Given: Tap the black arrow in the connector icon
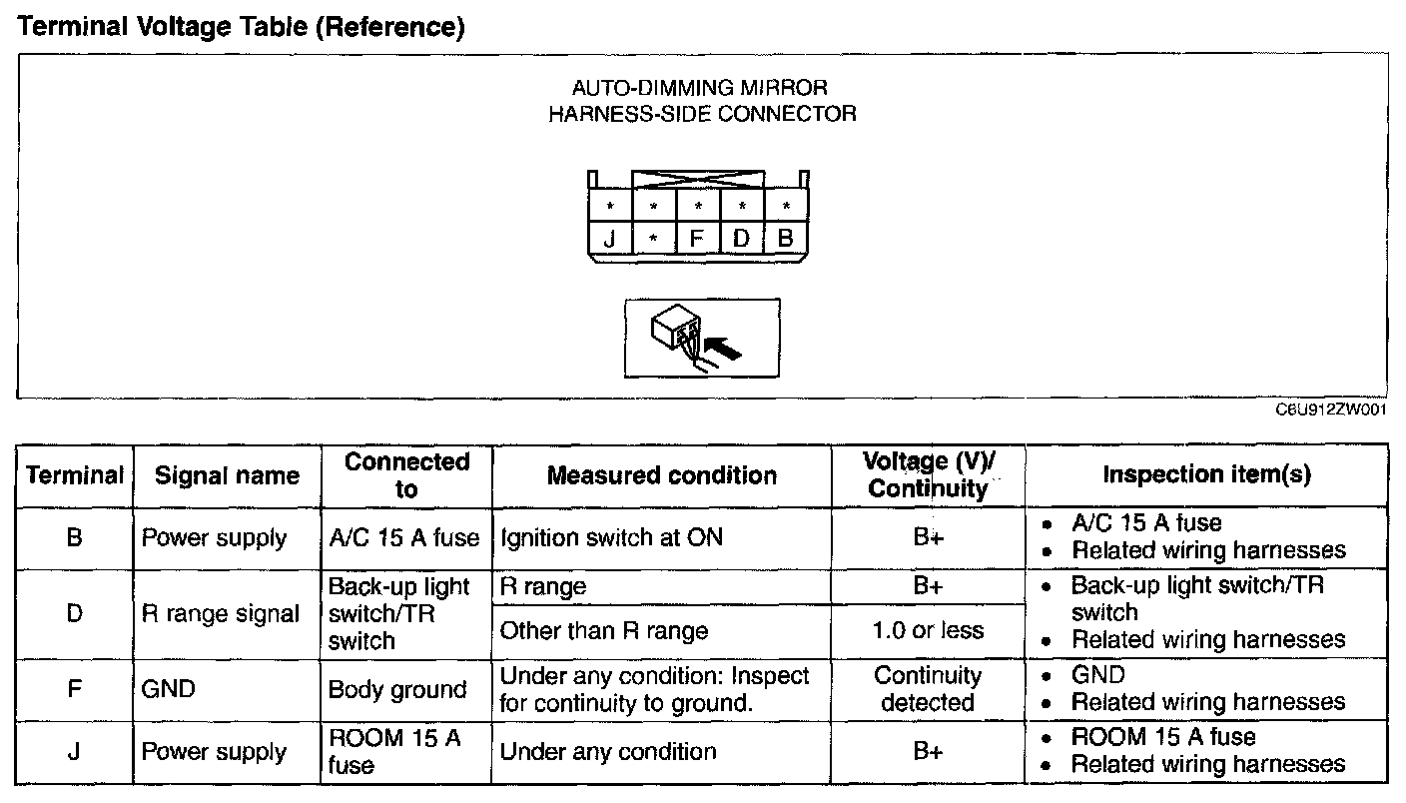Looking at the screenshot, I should (725, 347).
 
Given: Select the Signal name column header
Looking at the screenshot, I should (227, 475).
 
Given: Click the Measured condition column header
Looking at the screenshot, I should (661, 475).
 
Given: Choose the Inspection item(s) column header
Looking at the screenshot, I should (1206, 474).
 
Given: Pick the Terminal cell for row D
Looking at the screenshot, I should (75, 613).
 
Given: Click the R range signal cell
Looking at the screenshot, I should (221, 614).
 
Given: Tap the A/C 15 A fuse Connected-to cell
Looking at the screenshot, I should (404, 538).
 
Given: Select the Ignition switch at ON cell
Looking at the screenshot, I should (611, 538).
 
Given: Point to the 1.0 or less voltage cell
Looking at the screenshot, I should (928, 631).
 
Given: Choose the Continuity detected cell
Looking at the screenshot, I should (928, 689).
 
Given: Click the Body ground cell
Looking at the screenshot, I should (397, 689).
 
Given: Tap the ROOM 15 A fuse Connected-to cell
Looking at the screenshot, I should (394, 751).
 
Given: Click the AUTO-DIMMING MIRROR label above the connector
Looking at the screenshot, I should (700, 88).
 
